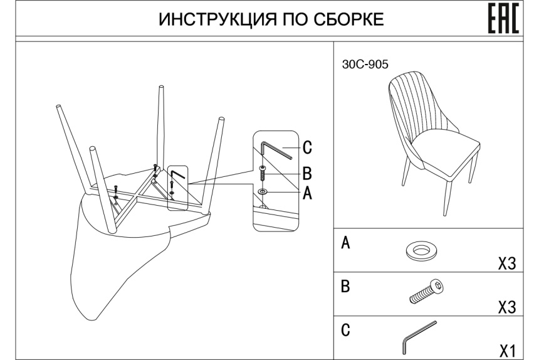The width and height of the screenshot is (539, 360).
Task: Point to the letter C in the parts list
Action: [344, 329]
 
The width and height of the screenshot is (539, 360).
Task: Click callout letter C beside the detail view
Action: [307, 148]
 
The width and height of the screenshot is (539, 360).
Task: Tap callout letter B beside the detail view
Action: [307, 172]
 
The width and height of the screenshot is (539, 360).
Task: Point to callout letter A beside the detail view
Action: [307, 193]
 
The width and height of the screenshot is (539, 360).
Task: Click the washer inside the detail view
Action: [263, 189]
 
